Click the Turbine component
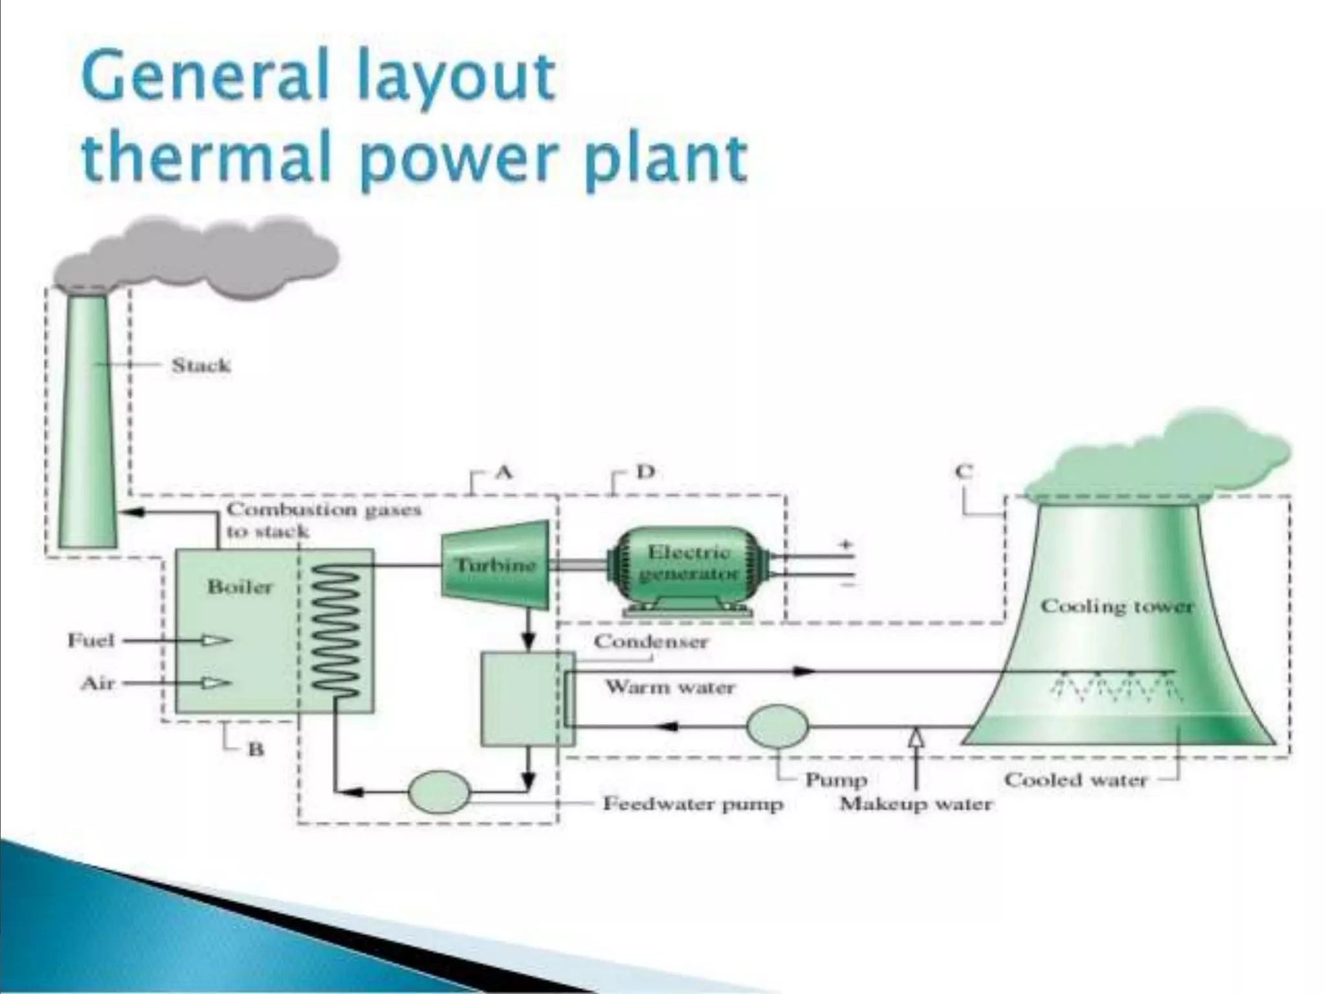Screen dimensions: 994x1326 [495, 566]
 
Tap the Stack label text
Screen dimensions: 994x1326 [201, 366]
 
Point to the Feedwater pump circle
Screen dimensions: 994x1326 [440, 791]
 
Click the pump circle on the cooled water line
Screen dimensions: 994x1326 [778, 726]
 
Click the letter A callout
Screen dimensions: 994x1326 [504, 472]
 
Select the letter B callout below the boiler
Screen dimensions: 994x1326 [256, 749]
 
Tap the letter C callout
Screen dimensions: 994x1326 [964, 472]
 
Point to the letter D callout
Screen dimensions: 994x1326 [646, 472]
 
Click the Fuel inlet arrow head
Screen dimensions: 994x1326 [217, 641]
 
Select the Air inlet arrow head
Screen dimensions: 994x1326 [217, 683]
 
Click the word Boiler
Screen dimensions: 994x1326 [240, 587]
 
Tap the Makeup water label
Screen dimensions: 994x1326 [916, 804]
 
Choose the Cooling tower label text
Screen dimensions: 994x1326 [1116, 606]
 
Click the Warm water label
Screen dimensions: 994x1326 [670, 687]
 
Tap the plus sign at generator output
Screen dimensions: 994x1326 [846, 546]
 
